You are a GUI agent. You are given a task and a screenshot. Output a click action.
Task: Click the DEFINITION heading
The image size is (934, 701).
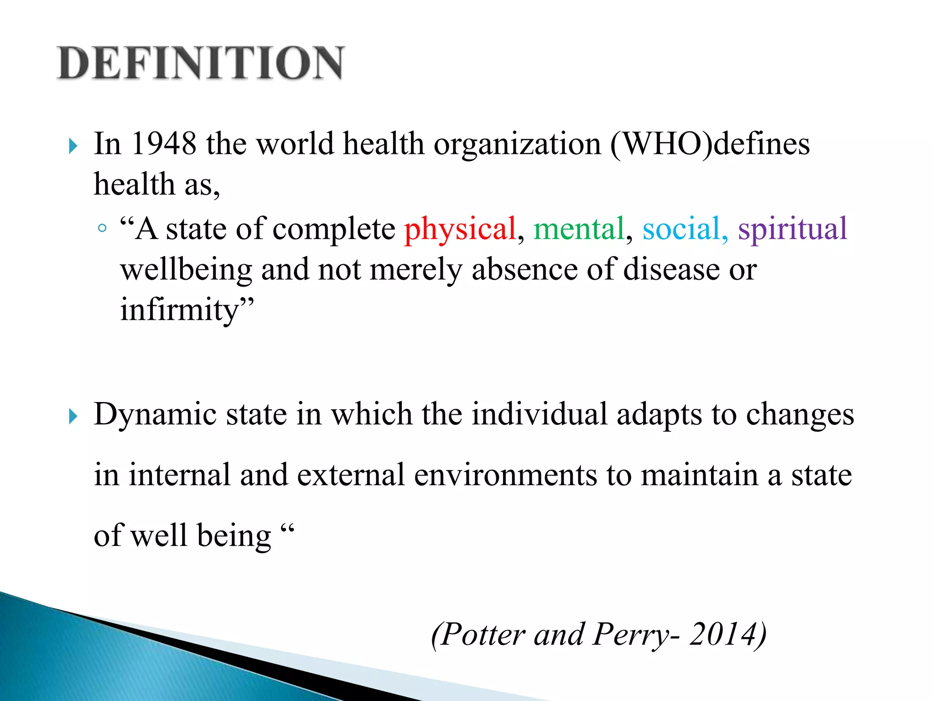point(201,63)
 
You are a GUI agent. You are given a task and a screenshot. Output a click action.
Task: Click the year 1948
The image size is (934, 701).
point(164,144)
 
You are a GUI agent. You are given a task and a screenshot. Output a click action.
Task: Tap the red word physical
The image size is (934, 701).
point(460,228)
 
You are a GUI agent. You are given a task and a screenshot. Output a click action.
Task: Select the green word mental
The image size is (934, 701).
point(579,228)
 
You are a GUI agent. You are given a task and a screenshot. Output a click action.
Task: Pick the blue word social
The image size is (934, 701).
point(681,228)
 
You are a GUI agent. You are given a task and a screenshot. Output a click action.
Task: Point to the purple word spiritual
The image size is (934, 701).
point(793,228)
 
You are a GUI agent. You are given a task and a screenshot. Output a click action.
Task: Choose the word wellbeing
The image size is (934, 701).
point(186,270)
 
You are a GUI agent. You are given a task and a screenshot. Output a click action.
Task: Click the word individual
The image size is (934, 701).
point(540,414)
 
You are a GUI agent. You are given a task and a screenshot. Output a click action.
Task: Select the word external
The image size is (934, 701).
point(351,475)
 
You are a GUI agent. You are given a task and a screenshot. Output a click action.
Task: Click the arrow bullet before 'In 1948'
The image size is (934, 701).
point(73,146)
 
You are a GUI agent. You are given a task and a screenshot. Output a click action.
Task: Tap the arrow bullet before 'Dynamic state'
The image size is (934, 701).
point(73,416)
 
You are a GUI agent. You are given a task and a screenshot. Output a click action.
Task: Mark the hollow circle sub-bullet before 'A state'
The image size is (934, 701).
point(102,228)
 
